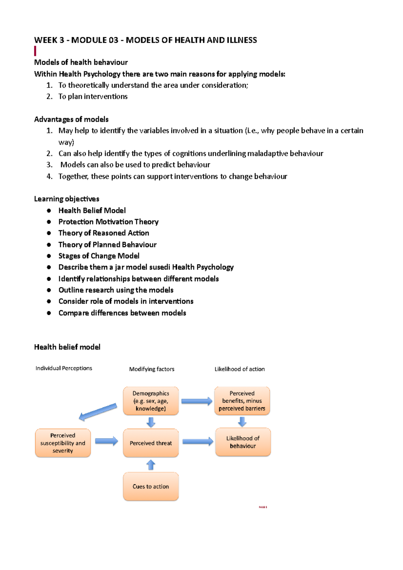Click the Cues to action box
(151, 486)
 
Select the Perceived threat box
(151, 443)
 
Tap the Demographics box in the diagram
(151, 401)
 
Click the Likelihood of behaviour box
(243, 442)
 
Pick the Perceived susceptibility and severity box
(63, 443)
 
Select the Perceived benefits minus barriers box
(242, 401)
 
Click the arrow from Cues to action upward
(151, 465)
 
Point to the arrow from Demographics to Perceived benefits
(197, 401)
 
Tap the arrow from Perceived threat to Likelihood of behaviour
(197, 442)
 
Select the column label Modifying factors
(152, 369)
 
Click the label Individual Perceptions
(64, 368)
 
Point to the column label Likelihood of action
(239, 369)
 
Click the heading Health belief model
(67, 347)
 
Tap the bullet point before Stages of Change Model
(49, 256)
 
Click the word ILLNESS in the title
(241, 40)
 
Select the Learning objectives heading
(66, 199)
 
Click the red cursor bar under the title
(35, 51)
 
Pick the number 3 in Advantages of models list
(49, 165)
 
